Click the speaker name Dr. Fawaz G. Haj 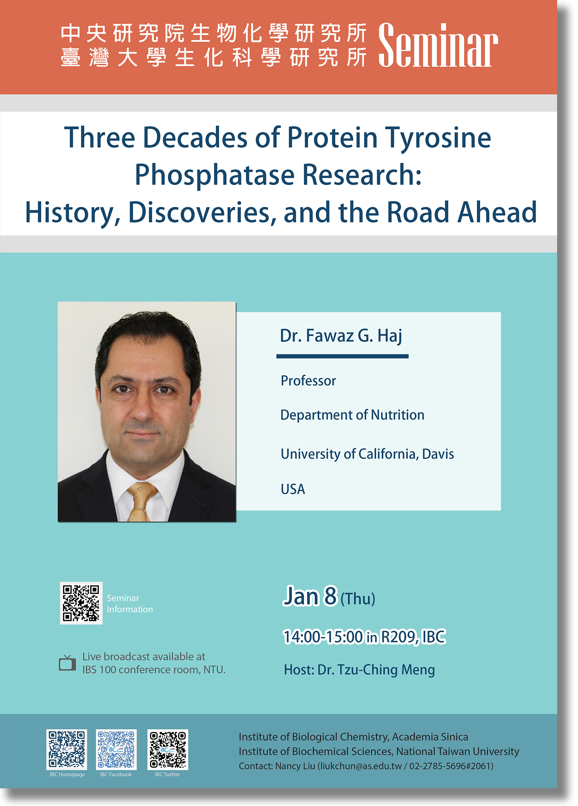tap(341, 336)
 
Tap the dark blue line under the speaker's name tap(342, 356)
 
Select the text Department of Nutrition tap(352, 415)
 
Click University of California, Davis tap(367, 454)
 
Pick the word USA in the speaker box tap(293, 489)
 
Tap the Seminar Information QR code tap(81, 603)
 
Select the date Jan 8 tap(310, 596)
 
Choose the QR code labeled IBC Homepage tap(67, 749)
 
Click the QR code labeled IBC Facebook tap(116, 749)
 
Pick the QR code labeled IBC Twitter tap(168, 749)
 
